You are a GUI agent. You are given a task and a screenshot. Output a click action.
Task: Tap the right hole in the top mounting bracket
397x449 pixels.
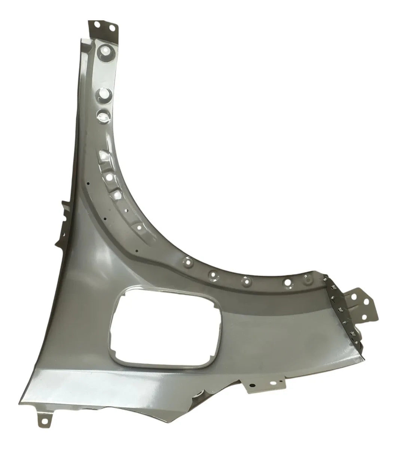click(111, 27)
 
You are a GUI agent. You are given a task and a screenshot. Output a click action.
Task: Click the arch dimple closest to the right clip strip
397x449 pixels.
click(308, 279)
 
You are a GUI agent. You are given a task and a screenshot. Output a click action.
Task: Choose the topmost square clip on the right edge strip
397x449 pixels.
click(327, 277)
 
